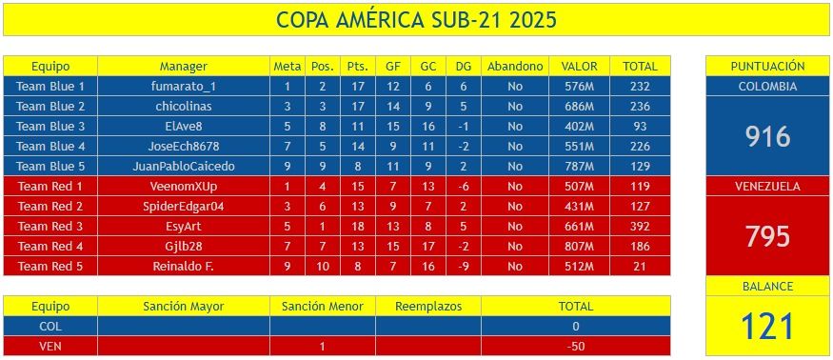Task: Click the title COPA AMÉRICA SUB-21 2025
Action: tap(416, 20)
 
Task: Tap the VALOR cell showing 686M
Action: tap(580, 107)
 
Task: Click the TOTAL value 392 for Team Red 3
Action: tap(640, 227)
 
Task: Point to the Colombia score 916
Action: tap(767, 136)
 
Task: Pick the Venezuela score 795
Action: tap(767, 236)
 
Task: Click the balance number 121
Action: tap(767, 327)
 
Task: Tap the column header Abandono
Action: tap(514, 67)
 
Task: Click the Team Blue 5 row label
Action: tap(50, 167)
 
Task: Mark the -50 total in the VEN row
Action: tap(575, 347)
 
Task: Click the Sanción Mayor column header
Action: tap(184, 307)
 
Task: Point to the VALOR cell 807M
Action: tap(580, 247)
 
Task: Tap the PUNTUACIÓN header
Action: tap(767, 67)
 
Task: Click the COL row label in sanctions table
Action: tap(50, 327)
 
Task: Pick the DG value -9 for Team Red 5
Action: tap(463, 267)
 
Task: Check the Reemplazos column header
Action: tap(427, 307)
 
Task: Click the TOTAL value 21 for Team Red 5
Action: tap(640, 267)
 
